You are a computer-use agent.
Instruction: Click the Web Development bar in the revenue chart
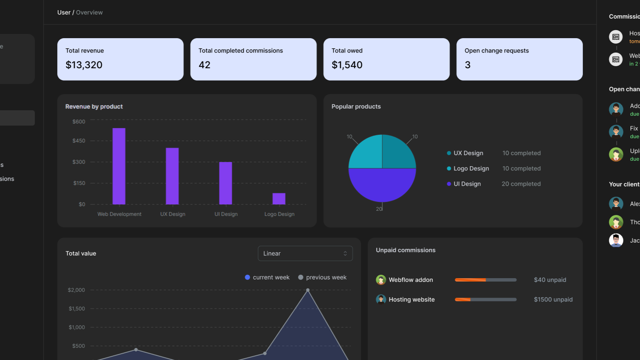[119, 166]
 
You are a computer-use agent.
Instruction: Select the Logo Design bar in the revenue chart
[279, 198]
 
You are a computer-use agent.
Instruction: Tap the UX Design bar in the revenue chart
[172, 176]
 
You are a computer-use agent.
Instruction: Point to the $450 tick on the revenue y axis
[79, 141]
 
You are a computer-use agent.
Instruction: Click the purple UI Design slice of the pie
[382, 185]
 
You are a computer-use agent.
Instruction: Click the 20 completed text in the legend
[521, 184]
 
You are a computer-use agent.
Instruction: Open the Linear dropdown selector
[305, 254]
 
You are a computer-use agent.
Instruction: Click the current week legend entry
[267, 277]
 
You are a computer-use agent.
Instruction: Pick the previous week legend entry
[322, 277]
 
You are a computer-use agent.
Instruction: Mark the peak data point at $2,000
[308, 290]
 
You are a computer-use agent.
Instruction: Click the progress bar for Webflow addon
[486, 280]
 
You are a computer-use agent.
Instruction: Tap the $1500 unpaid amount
[553, 299]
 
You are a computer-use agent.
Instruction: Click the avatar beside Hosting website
[381, 299]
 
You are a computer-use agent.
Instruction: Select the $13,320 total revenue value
[84, 65]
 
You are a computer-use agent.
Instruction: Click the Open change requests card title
[497, 50]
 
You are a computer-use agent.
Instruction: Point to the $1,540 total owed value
[347, 65]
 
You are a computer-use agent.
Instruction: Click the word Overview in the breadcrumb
[89, 12]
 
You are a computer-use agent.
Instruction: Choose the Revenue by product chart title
[94, 106]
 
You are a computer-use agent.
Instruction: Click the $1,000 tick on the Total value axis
[77, 327]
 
